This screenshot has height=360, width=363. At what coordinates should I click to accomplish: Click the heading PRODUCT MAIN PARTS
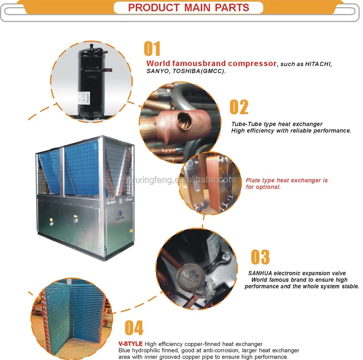pyautogui.click(x=188, y=8)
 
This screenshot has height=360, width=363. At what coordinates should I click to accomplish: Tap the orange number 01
pyautogui.click(x=152, y=50)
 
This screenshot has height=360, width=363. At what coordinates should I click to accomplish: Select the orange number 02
pyautogui.click(x=239, y=107)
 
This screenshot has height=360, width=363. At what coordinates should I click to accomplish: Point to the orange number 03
pyautogui.click(x=260, y=257)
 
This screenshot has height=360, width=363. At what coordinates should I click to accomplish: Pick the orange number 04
pyautogui.click(x=134, y=328)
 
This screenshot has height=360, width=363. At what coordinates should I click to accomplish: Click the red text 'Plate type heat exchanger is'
pyautogui.click(x=287, y=180)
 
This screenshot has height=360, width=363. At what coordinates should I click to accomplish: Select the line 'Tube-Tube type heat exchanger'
pyautogui.click(x=277, y=124)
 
